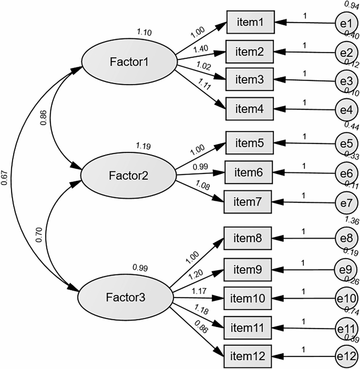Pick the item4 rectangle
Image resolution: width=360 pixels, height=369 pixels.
[249, 110]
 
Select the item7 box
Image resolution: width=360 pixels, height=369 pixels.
[248, 201]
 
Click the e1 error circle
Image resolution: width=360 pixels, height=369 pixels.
[345, 24]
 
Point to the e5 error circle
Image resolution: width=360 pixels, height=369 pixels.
[346, 143]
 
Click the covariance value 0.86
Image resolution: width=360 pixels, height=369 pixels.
[43, 118]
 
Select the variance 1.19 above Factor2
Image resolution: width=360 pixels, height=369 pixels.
[143, 146]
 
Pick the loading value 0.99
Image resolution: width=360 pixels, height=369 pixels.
[199, 167]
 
